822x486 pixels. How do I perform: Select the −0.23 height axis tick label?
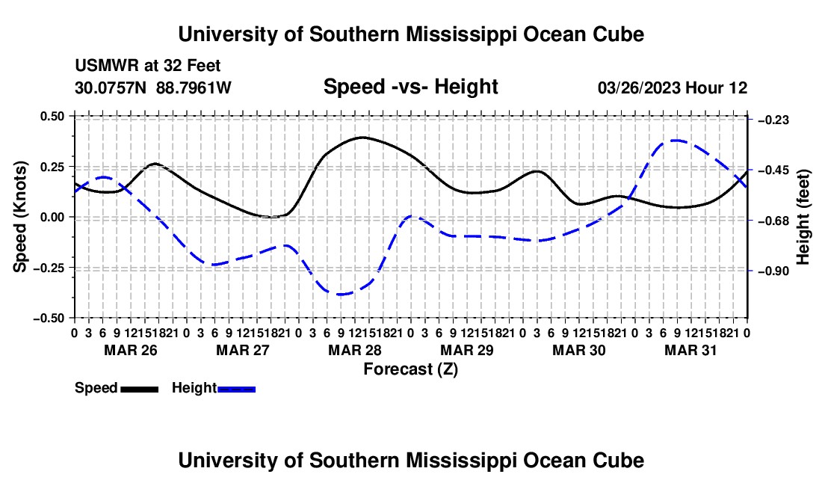[773, 120]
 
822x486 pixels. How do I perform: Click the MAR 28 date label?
[355, 350]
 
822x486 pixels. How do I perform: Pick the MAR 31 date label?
[690, 350]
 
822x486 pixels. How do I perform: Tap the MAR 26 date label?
[131, 350]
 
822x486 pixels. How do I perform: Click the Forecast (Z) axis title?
[410, 369]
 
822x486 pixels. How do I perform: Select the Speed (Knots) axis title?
[20, 217]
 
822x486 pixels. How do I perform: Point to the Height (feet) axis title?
[803, 217]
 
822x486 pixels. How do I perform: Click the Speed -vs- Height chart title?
[410, 87]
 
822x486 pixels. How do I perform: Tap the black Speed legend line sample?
[140, 389]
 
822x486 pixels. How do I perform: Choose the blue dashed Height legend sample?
[236, 389]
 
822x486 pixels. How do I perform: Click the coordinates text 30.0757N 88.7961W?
[152, 87]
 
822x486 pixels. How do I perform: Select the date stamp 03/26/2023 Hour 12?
[673, 87]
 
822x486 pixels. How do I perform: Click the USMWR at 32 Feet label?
[147, 66]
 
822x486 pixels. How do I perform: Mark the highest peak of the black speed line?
[362, 138]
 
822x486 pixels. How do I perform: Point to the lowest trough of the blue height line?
[341, 294]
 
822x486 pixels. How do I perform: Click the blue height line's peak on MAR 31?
[676, 141]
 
